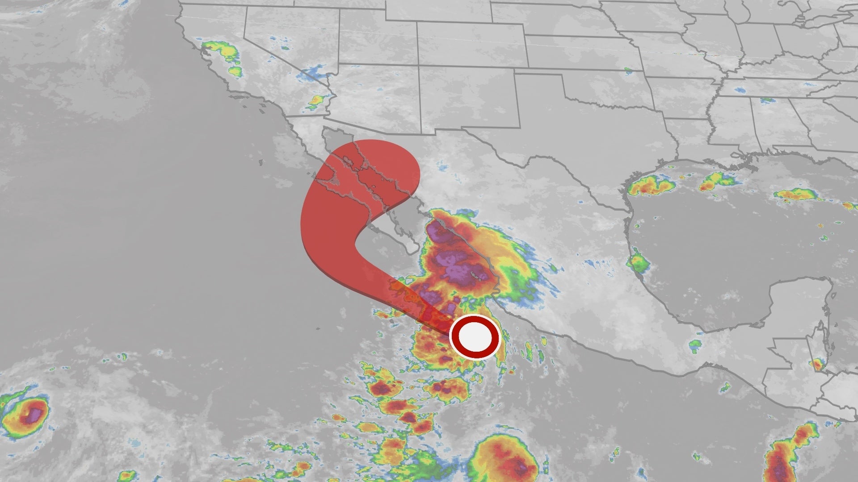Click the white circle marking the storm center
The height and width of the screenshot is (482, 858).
pos(475,337)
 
